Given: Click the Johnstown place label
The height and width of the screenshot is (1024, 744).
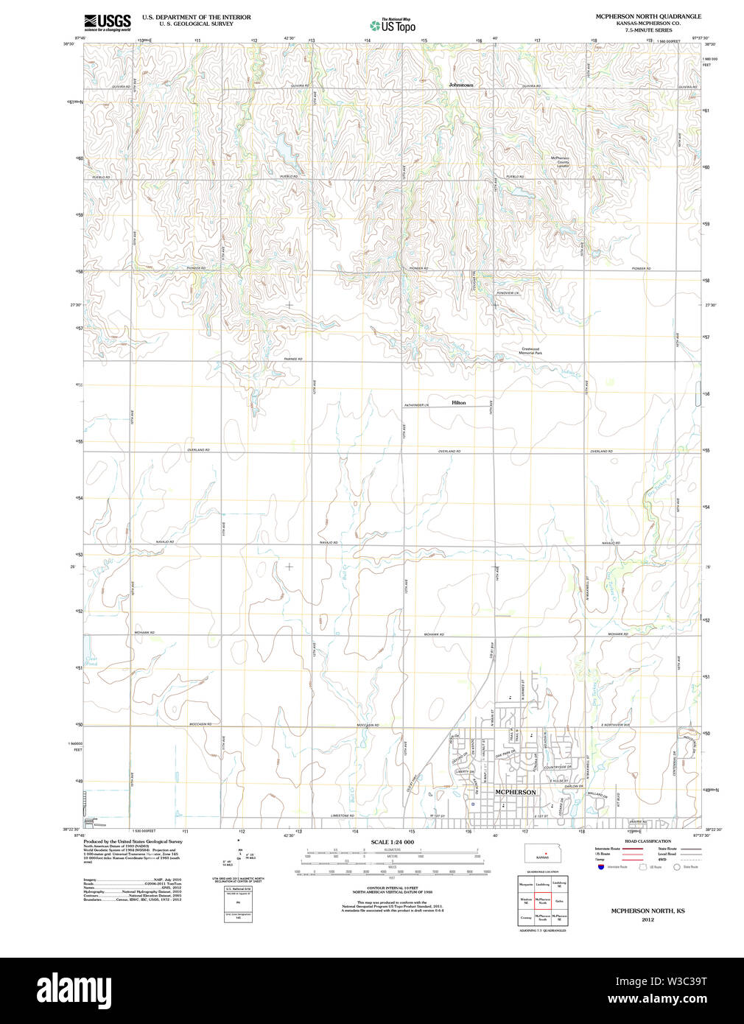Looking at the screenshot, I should click(461, 85).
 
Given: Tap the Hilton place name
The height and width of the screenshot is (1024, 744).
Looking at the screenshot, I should click(458, 403).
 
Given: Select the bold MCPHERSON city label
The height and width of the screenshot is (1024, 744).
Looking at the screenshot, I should click(516, 792).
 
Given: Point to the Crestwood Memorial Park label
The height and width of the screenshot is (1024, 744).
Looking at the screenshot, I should click(531, 351).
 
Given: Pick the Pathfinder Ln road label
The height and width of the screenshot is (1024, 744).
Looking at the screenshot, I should click(420, 406).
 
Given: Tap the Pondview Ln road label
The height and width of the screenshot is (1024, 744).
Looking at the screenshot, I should click(508, 293).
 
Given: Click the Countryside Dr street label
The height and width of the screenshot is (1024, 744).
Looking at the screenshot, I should click(558, 767).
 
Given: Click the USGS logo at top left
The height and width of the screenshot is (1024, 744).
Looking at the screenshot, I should click(108, 21).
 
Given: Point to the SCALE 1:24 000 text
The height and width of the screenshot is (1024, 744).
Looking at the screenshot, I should click(392, 842).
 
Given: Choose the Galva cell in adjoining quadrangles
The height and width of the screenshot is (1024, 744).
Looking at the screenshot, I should click(560, 900).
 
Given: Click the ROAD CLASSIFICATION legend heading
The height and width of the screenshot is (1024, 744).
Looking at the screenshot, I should click(648, 841).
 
